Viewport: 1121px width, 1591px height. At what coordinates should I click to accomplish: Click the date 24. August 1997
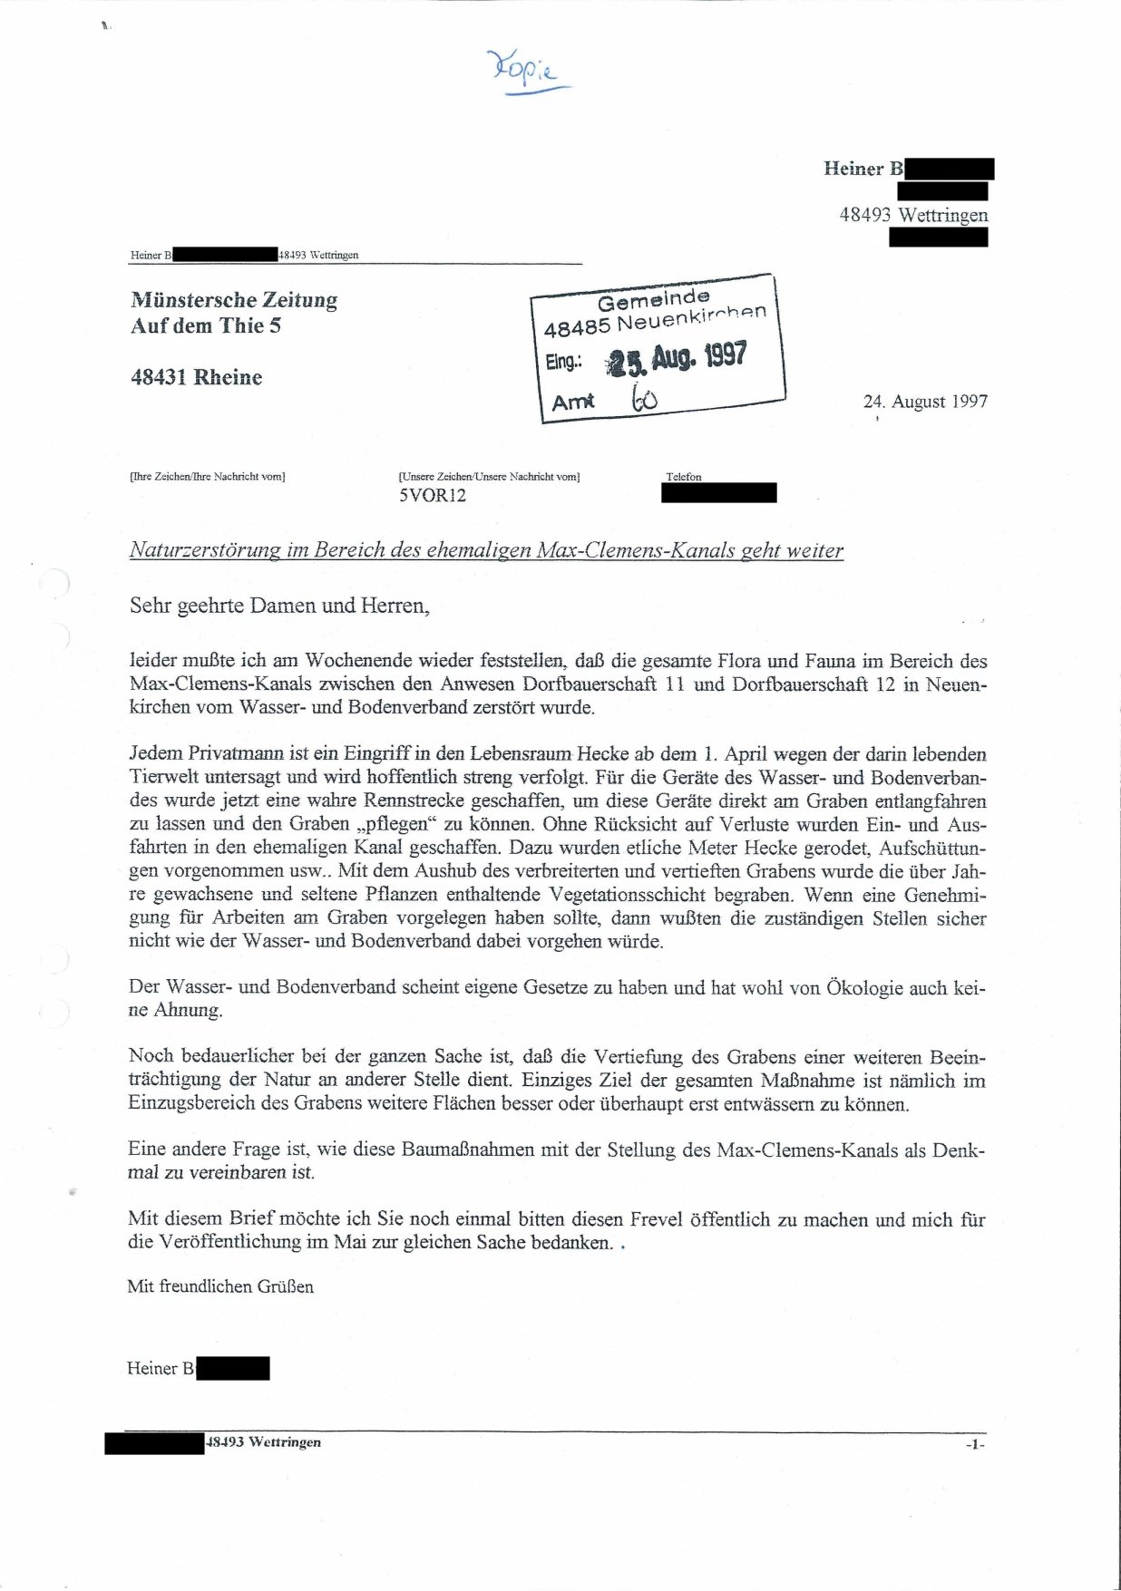925,401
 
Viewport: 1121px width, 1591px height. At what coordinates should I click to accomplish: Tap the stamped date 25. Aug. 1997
677,359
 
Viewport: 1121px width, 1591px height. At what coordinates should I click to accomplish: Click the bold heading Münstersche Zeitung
234,300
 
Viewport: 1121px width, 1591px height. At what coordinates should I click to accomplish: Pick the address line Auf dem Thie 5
206,325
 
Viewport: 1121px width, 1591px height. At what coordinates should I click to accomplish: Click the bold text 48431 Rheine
197,377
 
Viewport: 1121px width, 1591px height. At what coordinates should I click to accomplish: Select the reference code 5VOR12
433,496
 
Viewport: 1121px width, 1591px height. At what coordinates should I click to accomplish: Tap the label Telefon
684,477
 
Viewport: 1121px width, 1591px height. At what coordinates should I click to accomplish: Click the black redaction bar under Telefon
719,493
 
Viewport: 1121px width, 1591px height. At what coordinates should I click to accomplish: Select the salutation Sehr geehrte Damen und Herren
279,606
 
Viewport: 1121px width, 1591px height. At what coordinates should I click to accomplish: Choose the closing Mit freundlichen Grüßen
220,1286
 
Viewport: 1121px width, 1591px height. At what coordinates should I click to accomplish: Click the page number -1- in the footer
974,1444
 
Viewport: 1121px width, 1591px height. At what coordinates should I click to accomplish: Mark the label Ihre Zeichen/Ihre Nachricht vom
208,477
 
